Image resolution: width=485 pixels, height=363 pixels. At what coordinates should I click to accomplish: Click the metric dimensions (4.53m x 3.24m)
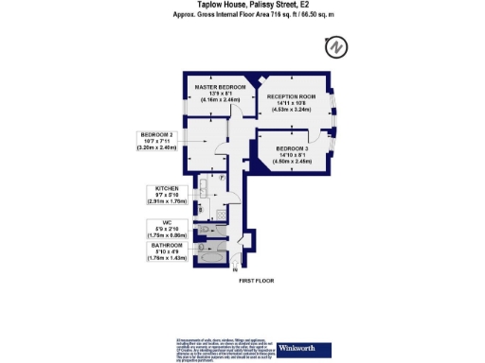click(291, 111)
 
